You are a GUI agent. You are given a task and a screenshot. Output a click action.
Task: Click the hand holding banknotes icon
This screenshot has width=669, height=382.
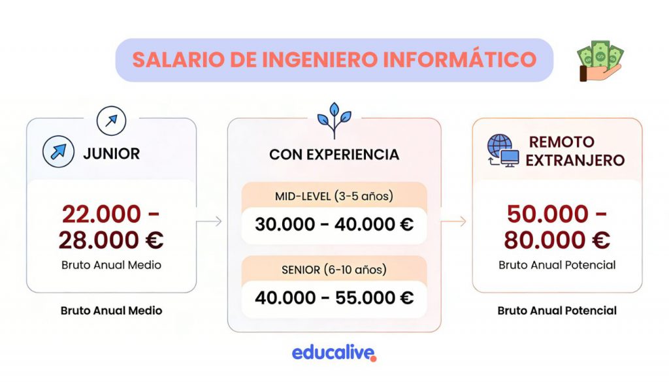tap(600, 60)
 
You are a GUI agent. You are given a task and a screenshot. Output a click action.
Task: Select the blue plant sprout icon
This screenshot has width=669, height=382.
tap(334, 120)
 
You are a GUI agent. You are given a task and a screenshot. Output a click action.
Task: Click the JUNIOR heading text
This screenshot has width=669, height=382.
tap(111, 153)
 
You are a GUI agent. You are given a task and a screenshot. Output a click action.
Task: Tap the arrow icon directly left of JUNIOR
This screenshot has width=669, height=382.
tap(58, 151)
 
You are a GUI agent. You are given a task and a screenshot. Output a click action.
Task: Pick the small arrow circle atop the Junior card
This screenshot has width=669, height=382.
tap(111, 121)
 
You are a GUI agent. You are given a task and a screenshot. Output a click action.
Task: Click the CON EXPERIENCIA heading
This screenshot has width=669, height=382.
tap(334, 154)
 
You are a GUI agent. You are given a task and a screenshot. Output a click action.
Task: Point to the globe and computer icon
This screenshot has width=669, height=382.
tap(503, 150)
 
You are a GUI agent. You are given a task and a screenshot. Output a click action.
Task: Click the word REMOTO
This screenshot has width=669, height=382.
tap(561, 142)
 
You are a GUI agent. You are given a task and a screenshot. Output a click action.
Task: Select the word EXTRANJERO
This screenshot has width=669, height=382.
tap(575, 160)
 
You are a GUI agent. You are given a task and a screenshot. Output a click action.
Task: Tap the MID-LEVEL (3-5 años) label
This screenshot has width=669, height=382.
tap(334, 196)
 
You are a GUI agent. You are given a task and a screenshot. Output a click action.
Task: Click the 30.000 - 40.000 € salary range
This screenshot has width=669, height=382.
tap(334, 224)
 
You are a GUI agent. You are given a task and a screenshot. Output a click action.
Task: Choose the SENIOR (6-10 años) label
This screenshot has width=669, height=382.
tap(334, 270)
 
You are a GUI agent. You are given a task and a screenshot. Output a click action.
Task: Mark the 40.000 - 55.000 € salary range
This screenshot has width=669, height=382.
tap(334, 298)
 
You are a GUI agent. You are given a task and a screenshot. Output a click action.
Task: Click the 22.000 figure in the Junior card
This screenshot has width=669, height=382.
tap(101, 214)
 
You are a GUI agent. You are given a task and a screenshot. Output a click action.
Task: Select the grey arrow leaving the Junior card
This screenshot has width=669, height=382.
tap(209, 221)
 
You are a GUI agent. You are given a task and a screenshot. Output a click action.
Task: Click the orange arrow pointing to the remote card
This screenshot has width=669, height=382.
tap(453, 221)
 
